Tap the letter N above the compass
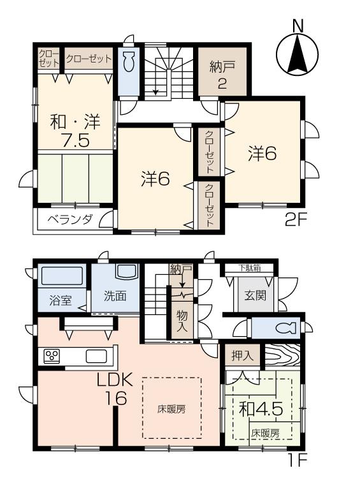(296, 26)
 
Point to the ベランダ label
(70, 219)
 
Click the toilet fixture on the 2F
(127, 64)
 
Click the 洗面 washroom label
(115, 296)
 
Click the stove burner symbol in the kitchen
(51, 355)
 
